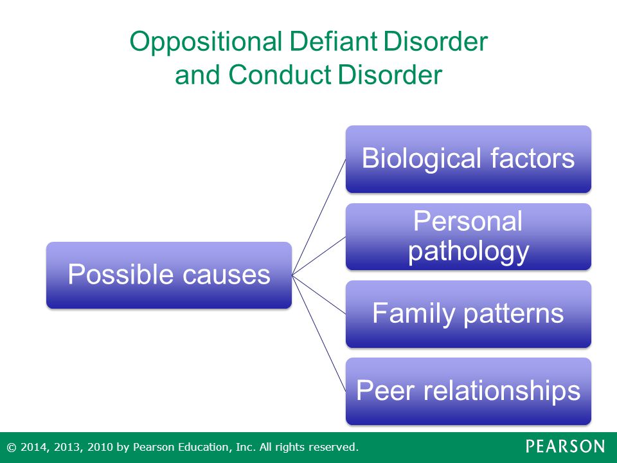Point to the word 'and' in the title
coord(197,75)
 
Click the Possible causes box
coord(169,275)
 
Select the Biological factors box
coord(469,159)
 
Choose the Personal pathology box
coord(469,237)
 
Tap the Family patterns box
coord(469,314)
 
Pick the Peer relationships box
coord(469,392)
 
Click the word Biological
coord(422,159)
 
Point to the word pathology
coord(469,252)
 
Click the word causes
coord(227,275)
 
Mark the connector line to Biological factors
coord(319,217)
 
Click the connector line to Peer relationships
coord(319,333)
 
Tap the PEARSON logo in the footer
coord(565,446)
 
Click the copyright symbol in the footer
coord(12,448)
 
